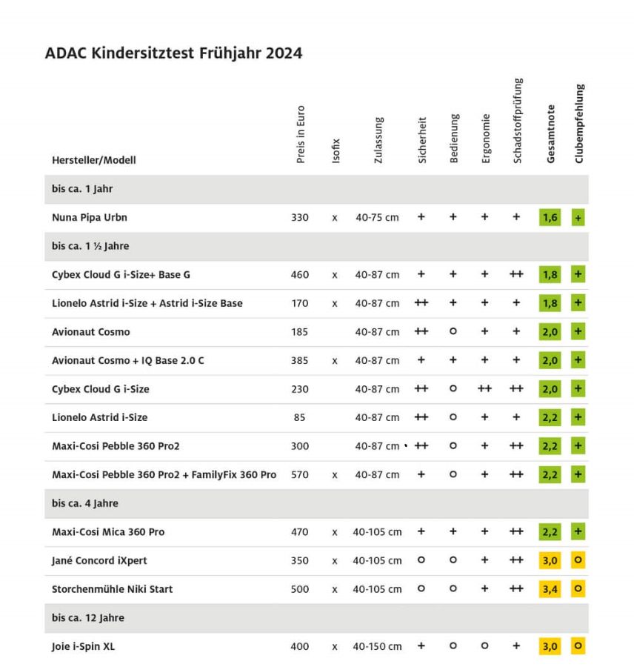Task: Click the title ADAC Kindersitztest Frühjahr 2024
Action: click(173, 53)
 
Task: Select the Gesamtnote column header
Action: click(550, 133)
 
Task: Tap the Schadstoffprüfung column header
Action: click(518, 120)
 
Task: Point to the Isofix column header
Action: click(336, 150)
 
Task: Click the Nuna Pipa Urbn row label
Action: click(90, 217)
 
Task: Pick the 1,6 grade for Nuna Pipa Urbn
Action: click(550, 217)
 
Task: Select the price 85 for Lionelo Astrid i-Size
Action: click(299, 417)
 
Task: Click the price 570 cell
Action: click(300, 475)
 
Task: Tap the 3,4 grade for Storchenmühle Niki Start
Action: click(550, 589)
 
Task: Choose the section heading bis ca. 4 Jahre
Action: click(85, 503)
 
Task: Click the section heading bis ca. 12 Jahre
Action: click(88, 617)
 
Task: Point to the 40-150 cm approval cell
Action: click(377, 646)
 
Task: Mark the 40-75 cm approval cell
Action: click(377, 217)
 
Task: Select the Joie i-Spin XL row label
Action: click(84, 646)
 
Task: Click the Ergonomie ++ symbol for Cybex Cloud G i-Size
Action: click(484, 388)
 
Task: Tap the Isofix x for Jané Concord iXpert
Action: click(335, 561)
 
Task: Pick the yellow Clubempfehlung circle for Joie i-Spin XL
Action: click(578, 646)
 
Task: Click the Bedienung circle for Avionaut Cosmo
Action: click(453, 331)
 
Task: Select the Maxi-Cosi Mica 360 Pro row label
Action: click(108, 531)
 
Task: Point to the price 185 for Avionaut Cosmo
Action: click(300, 332)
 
